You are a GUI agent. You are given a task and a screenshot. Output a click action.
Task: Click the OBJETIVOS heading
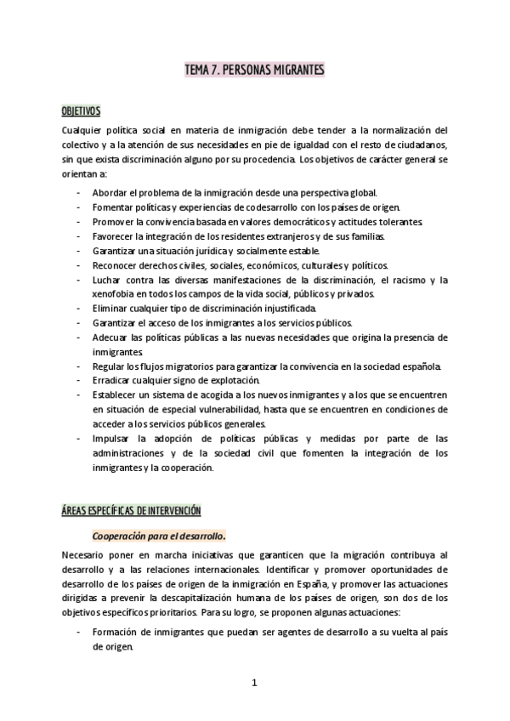click(x=81, y=111)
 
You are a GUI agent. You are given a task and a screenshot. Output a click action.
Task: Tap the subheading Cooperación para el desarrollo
click(x=159, y=536)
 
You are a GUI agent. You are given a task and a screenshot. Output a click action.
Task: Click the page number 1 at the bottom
click(x=253, y=681)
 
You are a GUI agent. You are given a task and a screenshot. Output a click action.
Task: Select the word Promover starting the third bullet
click(x=113, y=222)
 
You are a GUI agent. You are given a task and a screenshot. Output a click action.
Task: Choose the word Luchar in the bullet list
click(x=107, y=280)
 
